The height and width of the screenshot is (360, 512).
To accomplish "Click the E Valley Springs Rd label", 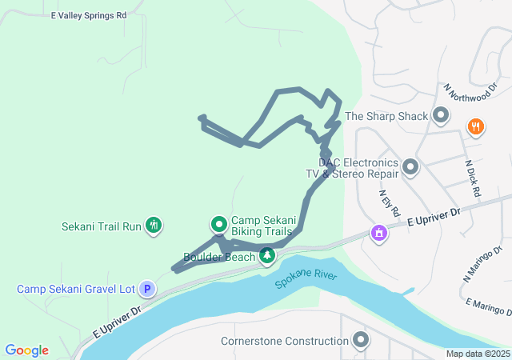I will click(89, 15).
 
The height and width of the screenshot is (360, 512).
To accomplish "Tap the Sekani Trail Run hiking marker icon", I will click(154, 226).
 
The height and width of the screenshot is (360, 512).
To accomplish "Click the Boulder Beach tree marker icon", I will click(267, 256).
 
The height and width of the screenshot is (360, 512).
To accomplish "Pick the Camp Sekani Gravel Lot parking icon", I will click(146, 289).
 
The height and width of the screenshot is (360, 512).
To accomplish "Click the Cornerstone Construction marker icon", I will click(362, 341).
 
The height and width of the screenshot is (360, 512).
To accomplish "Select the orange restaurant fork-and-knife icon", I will click(476, 126).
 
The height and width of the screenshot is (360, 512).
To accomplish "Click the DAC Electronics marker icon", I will click(410, 167).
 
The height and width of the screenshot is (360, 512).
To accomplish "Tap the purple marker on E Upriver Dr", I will click(378, 233).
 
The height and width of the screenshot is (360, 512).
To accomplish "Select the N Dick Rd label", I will click(474, 178).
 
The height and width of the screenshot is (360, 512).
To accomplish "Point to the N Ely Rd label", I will click(390, 203).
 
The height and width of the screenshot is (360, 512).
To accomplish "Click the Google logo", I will click(26, 350).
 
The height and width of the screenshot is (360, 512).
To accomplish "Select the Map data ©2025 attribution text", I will click(478, 354).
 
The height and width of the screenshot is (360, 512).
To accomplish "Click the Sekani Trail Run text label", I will click(101, 226).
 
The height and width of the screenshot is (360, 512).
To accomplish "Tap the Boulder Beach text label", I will click(219, 257).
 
